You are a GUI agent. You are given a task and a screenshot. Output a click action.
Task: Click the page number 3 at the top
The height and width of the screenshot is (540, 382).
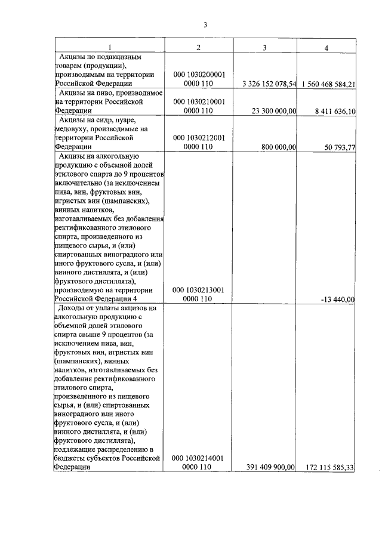click(204, 24)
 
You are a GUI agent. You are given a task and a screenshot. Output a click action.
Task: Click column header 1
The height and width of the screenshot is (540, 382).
click(109, 47)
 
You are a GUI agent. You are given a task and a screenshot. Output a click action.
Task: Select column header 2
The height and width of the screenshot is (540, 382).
click(198, 47)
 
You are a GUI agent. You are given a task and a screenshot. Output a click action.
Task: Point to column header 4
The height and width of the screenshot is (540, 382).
click(326, 47)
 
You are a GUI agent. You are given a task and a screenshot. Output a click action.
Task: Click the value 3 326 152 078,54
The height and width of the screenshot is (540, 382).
click(270, 84)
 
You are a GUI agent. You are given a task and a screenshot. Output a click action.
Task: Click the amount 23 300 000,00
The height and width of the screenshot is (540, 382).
click(274, 111)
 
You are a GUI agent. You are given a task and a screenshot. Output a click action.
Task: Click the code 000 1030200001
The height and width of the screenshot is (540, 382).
click(198, 75)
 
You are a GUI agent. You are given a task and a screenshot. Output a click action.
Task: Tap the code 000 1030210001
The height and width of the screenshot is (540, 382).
click(198, 101)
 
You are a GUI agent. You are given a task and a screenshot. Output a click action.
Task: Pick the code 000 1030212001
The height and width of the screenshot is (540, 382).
click(198, 137)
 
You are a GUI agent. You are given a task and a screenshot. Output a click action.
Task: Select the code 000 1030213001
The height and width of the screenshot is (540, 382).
click(198, 289)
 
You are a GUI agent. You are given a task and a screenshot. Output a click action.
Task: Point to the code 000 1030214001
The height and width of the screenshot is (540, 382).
click(198, 458)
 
